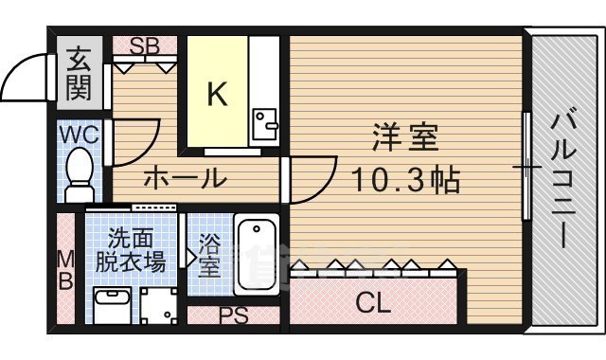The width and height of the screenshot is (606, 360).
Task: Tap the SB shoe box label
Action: click(x=144, y=45)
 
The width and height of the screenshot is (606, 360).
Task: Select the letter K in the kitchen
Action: click(x=217, y=94)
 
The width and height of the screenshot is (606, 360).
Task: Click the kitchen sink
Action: click(x=264, y=120)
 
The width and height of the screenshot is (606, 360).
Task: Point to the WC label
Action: click(x=80, y=134)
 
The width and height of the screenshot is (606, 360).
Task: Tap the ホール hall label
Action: click(x=185, y=177)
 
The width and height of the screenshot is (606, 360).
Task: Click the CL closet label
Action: click(x=374, y=303)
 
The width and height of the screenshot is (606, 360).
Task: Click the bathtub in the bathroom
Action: click(x=255, y=255)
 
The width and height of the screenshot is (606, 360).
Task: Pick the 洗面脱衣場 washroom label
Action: click(x=135, y=250)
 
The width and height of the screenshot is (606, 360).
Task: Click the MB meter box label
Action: click(x=64, y=269)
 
